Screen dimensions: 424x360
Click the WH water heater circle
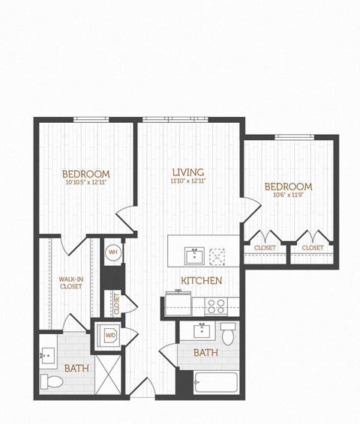(x=113, y=252)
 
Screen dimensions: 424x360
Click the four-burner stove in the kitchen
(x=217, y=306)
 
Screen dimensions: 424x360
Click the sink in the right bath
(x=202, y=330)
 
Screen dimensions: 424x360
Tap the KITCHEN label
(x=201, y=281)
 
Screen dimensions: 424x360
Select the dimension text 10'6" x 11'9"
(x=287, y=196)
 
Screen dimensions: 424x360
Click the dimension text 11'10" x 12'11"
(x=187, y=181)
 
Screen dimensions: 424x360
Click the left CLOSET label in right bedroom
(x=265, y=248)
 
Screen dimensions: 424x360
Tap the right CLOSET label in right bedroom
(x=313, y=248)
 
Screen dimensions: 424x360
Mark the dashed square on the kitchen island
(x=219, y=255)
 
